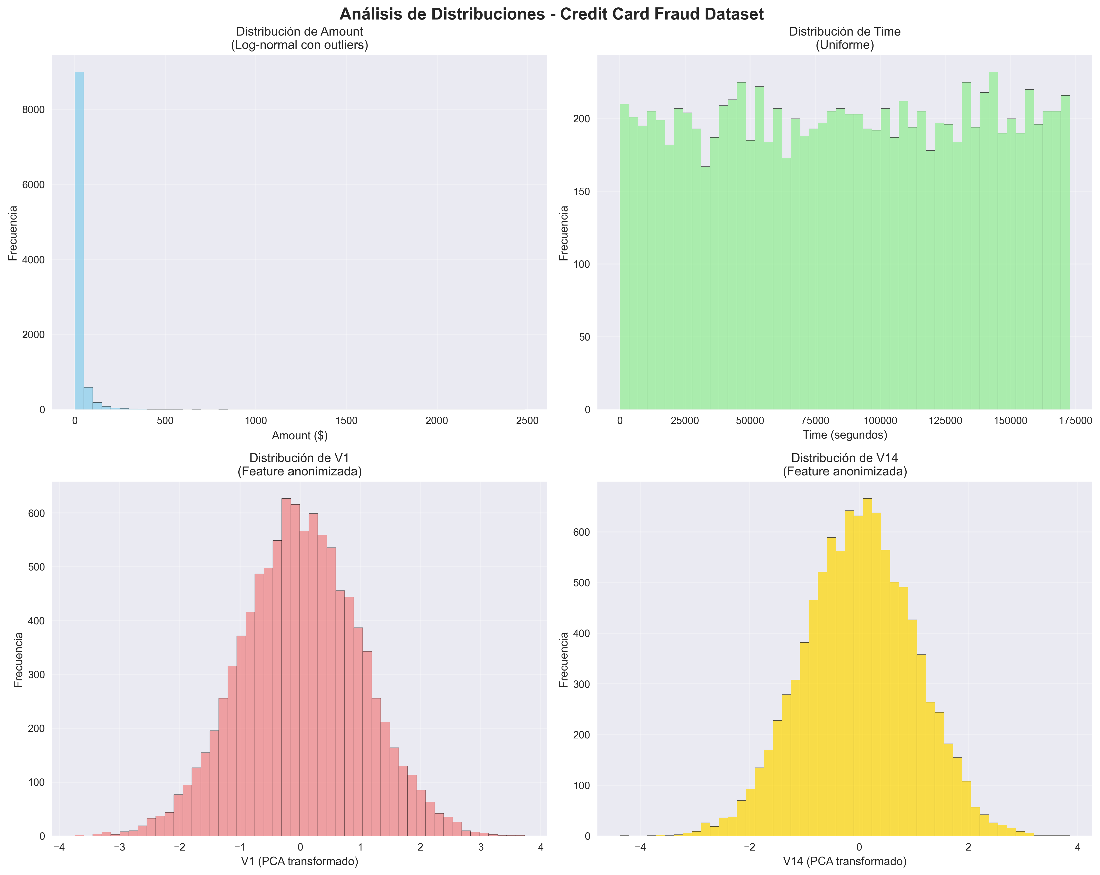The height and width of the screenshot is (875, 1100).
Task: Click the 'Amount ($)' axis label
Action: pyautogui.click(x=300, y=435)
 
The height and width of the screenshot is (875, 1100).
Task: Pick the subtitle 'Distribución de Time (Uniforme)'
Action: pyautogui.click(x=844, y=38)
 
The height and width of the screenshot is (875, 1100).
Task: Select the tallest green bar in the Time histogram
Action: pyautogui.click(x=993, y=240)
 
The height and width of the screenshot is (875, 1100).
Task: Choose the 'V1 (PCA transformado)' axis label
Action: pyautogui.click(x=300, y=862)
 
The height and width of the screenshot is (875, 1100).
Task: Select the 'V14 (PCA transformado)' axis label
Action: pyautogui.click(x=844, y=862)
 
